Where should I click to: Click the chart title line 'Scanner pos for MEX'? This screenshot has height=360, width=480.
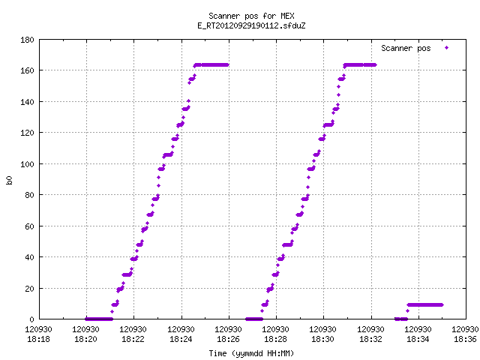tap(251, 16)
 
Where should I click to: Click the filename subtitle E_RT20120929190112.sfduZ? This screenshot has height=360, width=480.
tap(251, 25)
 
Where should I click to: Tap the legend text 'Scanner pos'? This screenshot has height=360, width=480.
tap(406, 48)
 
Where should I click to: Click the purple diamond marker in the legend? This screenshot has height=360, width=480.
tap(447, 48)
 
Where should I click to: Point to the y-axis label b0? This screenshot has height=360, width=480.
tap(9, 180)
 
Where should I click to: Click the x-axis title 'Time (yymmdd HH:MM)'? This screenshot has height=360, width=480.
tap(251, 353)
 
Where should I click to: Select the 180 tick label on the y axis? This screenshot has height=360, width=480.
tap(27, 40)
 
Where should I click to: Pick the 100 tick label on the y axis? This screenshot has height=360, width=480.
tap(27, 164)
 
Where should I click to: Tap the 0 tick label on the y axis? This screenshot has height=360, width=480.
tap(31, 319)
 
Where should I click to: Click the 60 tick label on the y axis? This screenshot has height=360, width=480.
tap(29, 226)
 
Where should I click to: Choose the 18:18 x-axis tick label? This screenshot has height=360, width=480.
tap(38, 339)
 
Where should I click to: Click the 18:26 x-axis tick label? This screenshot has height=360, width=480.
tap(228, 339)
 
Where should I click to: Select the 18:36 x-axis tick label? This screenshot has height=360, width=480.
tap(465, 339)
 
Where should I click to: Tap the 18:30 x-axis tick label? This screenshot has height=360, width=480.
tap(323, 339)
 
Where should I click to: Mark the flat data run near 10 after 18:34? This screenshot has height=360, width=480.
tap(425, 305)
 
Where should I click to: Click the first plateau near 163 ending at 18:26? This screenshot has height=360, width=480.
tap(211, 65)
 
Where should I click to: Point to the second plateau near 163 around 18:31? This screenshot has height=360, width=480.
tap(360, 65)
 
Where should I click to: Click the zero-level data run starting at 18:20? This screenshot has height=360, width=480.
tap(99, 319)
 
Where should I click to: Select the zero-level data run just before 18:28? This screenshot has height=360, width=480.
tap(254, 319)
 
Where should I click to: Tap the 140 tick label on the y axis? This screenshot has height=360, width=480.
tap(27, 102)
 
